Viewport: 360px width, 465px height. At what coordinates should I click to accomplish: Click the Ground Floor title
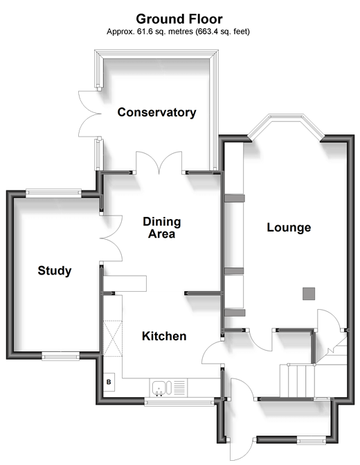pos(179,19)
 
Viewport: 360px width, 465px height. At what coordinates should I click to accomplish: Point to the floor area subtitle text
pos(178,31)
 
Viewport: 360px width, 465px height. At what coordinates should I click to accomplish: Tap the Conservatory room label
pos(156,112)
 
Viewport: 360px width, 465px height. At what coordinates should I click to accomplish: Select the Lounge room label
pos(289,227)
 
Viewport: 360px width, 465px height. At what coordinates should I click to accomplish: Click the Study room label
pos(55,270)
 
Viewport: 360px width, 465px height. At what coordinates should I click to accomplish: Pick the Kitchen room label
pos(164,336)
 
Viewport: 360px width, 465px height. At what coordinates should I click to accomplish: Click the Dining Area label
pos(162,227)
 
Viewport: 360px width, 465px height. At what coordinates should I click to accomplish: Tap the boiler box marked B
pos(109,382)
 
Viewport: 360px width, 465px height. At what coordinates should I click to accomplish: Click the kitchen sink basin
pos(159,387)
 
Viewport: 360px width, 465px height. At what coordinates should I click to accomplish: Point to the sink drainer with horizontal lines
pos(179,388)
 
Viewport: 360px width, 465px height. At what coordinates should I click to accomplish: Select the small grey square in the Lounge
pos(309,294)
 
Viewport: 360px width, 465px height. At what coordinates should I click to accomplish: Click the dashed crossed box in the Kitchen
pos(113,337)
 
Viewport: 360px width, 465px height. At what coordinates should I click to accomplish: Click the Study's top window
pos(53,193)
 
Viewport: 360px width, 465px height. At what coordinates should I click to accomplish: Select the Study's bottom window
pos(60,356)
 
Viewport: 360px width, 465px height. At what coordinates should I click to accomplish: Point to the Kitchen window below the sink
pos(179,402)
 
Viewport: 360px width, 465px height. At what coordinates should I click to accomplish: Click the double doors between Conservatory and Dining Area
pos(159,163)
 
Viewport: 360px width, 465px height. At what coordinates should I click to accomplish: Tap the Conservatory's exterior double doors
pos(89,114)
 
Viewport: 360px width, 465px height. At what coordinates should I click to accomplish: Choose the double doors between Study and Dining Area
pos(111,238)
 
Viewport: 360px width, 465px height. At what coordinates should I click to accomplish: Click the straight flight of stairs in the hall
pos(297,380)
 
